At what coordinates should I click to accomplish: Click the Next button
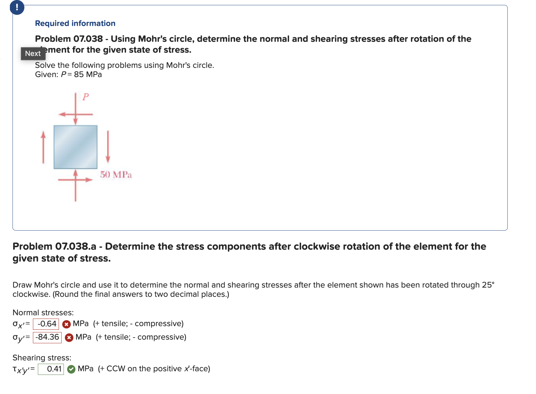click(x=33, y=53)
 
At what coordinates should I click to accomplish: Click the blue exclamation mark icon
click(x=17, y=7)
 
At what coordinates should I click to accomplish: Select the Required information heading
click(x=75, y=23)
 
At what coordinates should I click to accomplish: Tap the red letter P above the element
click(x=86, y=97)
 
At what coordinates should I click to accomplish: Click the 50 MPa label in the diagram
click(x=116, y=175)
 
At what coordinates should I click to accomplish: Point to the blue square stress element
click(x=75, y=147)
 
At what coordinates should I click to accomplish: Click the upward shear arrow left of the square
click(x=43, y=147)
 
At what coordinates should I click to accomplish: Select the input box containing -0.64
click(x=46, y=324)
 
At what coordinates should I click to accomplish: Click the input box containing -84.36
click(x=47, y=337)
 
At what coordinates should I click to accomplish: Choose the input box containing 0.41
click(x=51, y=369)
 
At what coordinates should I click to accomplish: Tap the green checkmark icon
click(x=71, y=369)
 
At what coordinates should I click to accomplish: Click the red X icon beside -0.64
click(x=67, y=324)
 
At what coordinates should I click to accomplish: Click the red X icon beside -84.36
click(x=69, y=338)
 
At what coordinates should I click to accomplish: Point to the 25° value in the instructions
click(x=488, y=285)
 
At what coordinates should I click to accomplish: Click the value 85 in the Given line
click(x=79, y=74)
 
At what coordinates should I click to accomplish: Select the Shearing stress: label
click(x=42, y=358)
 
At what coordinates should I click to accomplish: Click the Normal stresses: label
click(x=43, y=313)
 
